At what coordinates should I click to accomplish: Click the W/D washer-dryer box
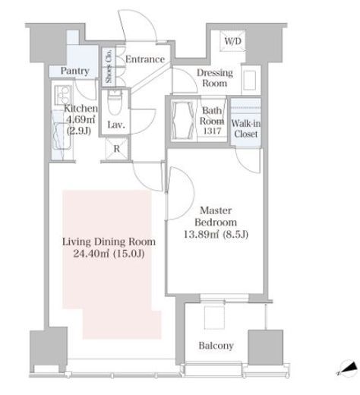[x=232, y=41]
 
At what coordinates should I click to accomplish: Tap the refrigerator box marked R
[x=116, y=149]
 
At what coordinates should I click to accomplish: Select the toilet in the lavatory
[x=115, y=103]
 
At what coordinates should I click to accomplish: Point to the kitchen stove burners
[x=62, y=94]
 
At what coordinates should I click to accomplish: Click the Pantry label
[x=75, y=71]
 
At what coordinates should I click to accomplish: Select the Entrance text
[x=145, y=59]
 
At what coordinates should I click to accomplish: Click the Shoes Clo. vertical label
[x=109, y=66]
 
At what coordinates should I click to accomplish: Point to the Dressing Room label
[x=215, y=78]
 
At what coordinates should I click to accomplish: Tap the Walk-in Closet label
[x=245, y=128]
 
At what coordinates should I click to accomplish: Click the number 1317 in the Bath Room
[x=212, y=131]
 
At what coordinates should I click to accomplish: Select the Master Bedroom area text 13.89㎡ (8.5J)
[x=216, y=235]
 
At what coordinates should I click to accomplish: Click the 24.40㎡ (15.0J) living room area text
[x=109, y=254]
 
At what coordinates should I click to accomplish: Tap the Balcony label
[x=216, y=346]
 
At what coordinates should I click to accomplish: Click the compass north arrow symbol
[x=347, y=368]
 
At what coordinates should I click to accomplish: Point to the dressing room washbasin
[x=250, y=80]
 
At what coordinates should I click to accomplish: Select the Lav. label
[x=116, y=125]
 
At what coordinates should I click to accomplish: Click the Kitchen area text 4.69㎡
[x=81, y=119]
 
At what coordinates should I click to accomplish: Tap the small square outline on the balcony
[x=214, y=318]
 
